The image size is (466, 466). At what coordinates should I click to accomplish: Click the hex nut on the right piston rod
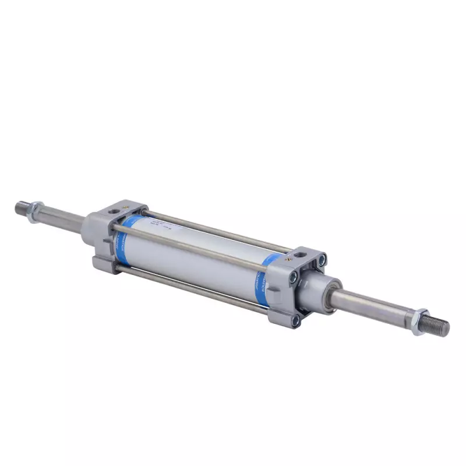point(419,322)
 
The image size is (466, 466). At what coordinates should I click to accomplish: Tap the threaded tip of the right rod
point(441,327)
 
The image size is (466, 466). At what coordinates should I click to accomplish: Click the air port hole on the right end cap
point(300,255)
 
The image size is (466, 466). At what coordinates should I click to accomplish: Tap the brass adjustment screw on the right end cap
point(287,252)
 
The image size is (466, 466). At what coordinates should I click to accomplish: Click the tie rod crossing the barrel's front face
point(192,245)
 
